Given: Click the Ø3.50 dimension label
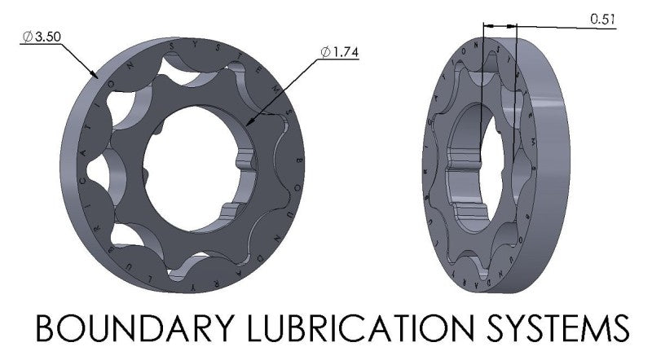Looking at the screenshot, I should (x=42, y=37).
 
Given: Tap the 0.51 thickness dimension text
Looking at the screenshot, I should (x=602, y=19).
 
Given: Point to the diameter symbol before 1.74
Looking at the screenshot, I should (x=325, y=52).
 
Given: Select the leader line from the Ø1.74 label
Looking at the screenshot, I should (x=285, y=90).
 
